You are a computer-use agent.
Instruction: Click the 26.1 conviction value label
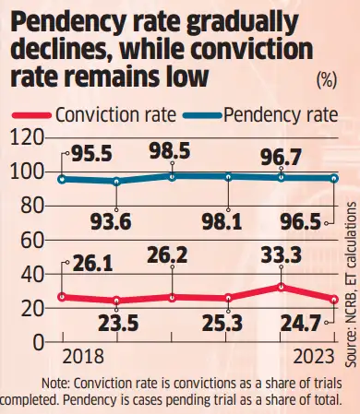pos(90,262)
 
